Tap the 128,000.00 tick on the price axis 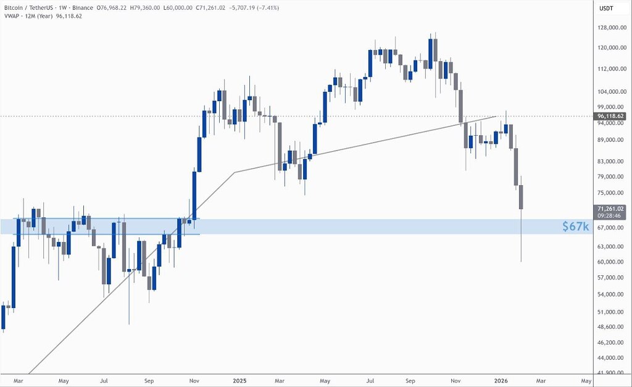coord(612,28)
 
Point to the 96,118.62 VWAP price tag coord(612,116)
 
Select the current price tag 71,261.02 coord(612,209)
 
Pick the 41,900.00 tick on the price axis coord(612,373)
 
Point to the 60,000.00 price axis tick coord(612,262)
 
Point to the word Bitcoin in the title coord(16,7)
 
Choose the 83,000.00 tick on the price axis coord(612,162)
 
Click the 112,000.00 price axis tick coord(612,69)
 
